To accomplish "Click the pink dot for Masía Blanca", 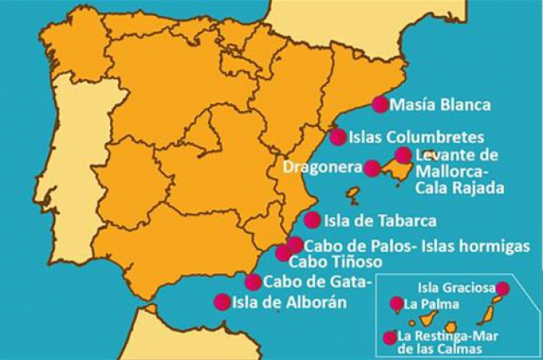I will tap(380, 104).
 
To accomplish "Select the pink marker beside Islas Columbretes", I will tap(338, 137).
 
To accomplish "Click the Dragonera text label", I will tap(322, 167).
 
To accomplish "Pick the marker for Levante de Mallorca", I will tap(403, 155).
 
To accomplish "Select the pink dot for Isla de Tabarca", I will tap(312, 221).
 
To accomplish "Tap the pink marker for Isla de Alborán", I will tap(222, 302).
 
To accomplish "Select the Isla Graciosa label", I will tap(452, 288).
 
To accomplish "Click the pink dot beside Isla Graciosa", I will tap(503, 288).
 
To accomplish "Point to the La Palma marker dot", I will tap(396, 304).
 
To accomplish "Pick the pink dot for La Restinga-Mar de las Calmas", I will tap(389, 337).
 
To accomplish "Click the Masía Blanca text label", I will tap(440, 105).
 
